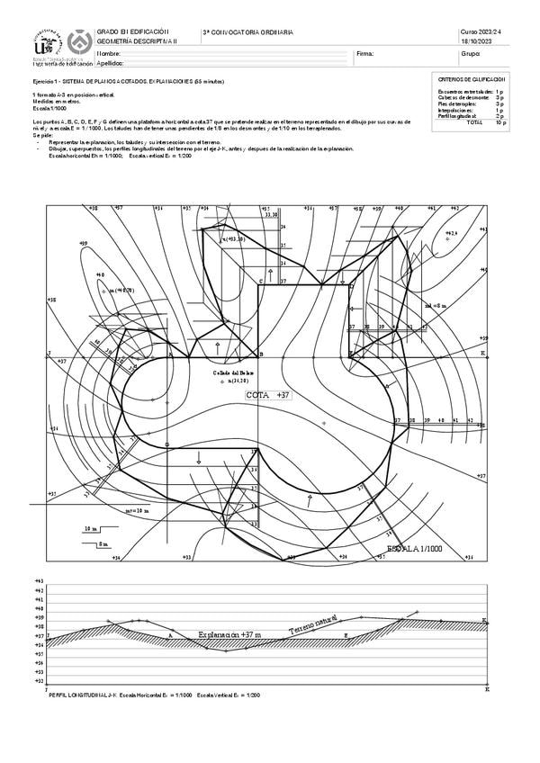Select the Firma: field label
364,54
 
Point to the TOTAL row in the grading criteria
474,121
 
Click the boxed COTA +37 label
270,395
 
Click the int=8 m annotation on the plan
435,306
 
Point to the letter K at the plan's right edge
483,354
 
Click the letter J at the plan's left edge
49,353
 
